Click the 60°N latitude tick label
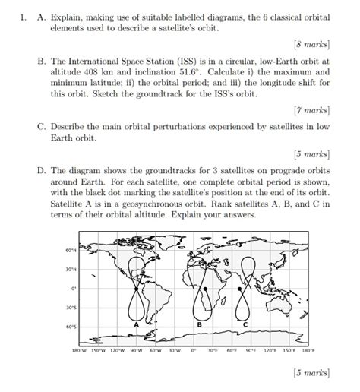(x=71, y=250)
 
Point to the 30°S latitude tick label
(x=71, y=308)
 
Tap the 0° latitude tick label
(x=73, y=289)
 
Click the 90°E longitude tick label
(x=251, y=351)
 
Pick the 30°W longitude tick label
(x=174, y=351)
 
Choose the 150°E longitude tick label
(x=289, y=351)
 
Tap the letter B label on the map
(x=198, y=325)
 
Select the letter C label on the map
(x=245, y=325)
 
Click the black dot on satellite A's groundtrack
(x=137, y=289)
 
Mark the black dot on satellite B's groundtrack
(x=204, y=289)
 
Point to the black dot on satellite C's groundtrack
(x=242, y=289)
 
